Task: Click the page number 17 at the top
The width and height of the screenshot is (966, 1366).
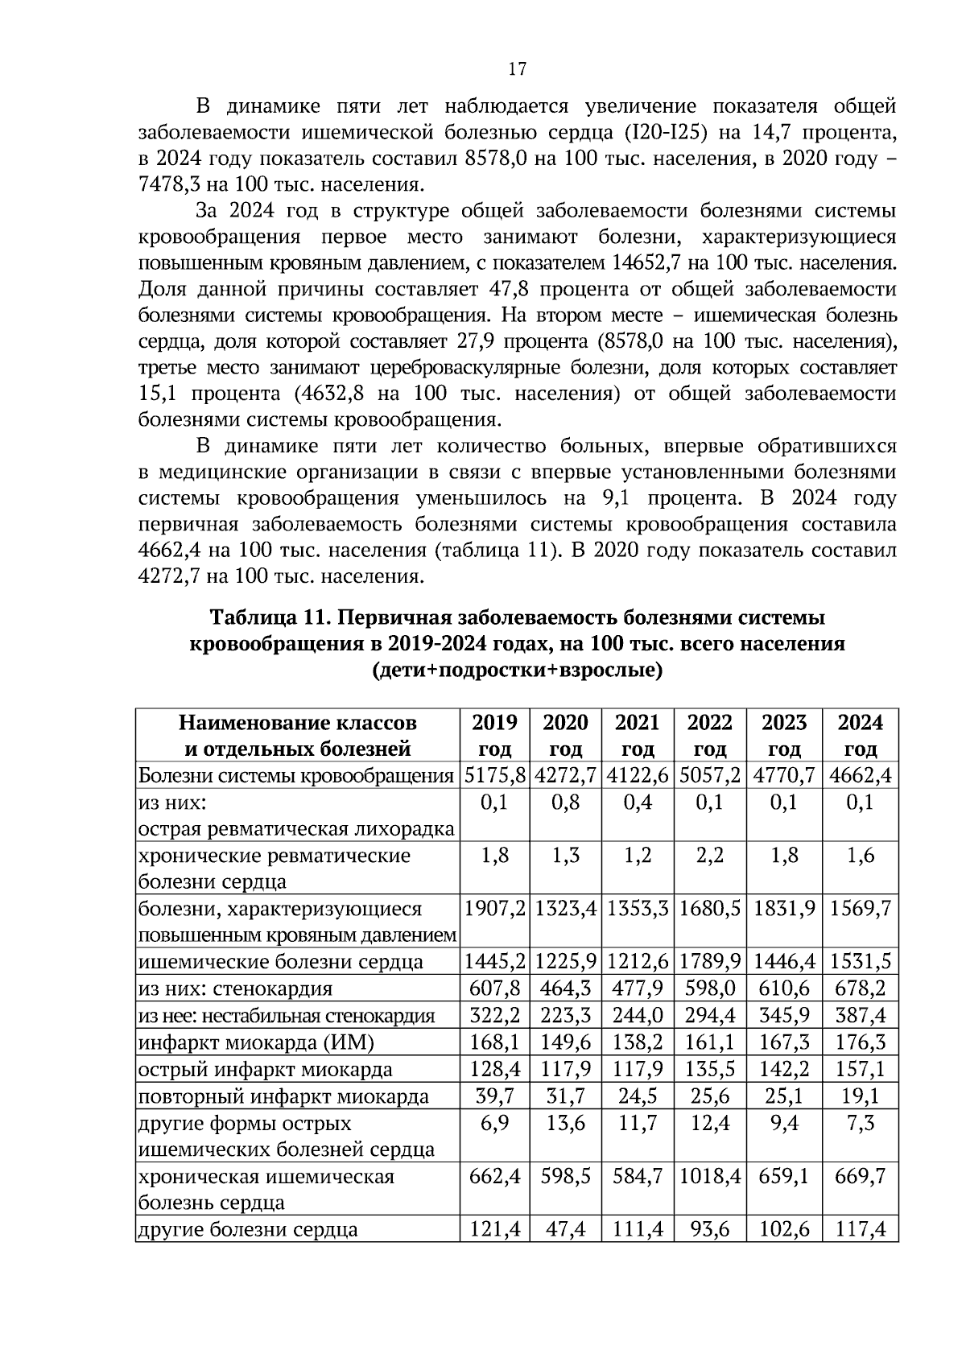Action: (517, 69)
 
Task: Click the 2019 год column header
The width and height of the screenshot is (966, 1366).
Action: (494, 735)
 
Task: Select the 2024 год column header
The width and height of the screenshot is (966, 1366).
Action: (860, 735)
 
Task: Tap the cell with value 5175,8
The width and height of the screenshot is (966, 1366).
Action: (494, 776)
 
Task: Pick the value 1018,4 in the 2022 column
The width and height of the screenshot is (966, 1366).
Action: (710, 1176)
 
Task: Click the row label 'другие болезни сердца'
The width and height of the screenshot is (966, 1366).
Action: (248, 1229)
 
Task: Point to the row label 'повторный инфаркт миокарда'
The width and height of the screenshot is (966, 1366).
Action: (283, 1096)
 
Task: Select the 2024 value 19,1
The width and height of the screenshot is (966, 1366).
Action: (860, 1096)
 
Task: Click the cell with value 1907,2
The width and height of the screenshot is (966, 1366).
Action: (494, 909)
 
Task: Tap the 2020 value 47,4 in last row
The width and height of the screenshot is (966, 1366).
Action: (565, 1229)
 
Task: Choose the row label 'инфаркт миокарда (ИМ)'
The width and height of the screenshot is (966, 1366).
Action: (256, 1043)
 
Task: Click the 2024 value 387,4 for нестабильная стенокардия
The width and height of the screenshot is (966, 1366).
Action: (860, 1016)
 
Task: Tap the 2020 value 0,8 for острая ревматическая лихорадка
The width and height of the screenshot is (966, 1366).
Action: (565, 803)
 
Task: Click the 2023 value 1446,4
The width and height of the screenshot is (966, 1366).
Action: (784, 962)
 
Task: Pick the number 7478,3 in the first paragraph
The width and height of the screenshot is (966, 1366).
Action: (171, 185)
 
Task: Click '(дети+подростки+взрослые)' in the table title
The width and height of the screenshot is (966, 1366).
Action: (517, 671)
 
